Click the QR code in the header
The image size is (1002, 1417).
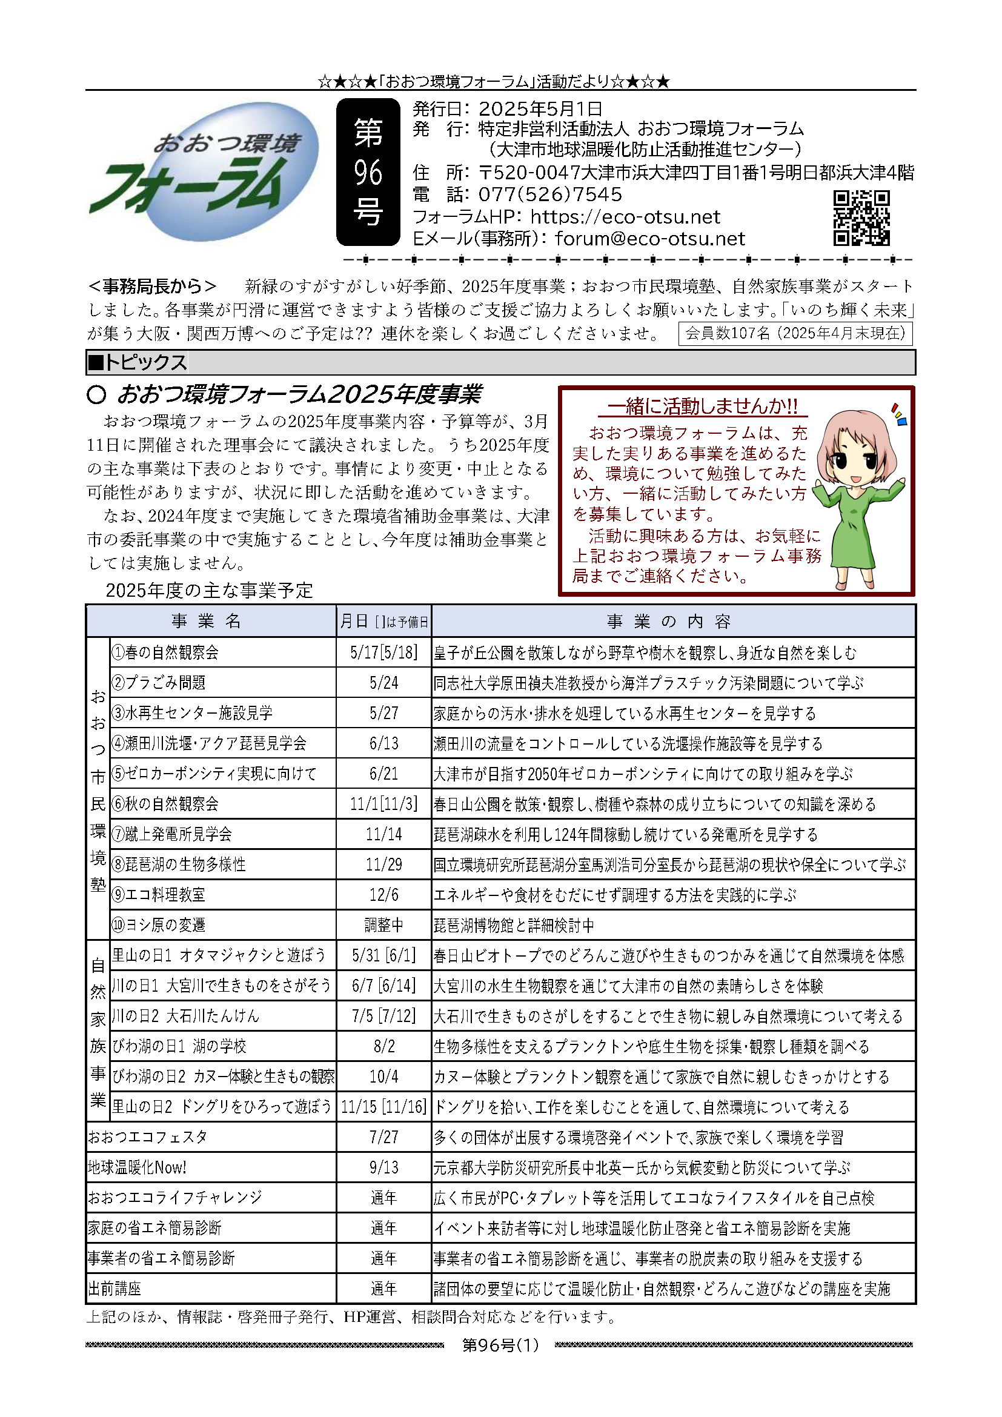(x=861, y=218)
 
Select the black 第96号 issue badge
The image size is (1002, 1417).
(x=368, y=172)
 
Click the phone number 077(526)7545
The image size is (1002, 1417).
(x=549, y=195)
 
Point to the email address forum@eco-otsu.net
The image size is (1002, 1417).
(x=649, y=239)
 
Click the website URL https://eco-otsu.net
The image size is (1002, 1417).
(x=625, y=217)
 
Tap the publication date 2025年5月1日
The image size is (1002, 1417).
(x=540, y=109)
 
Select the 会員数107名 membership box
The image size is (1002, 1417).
(x=795, y=334)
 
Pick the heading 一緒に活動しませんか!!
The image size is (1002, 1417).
(x=702, y=406)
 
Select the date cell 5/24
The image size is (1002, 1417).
(x=383, y=683)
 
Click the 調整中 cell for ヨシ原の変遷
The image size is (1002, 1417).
(x=383, y=925)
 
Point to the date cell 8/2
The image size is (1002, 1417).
(x=383, y=1046)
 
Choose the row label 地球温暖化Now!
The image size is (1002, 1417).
(x=138, y=1167)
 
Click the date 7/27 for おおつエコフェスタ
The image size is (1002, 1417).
(x=383, y=1137)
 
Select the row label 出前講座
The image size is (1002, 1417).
(x=114, y=1289)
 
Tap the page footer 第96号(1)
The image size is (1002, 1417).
(x=500, y=1345)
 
